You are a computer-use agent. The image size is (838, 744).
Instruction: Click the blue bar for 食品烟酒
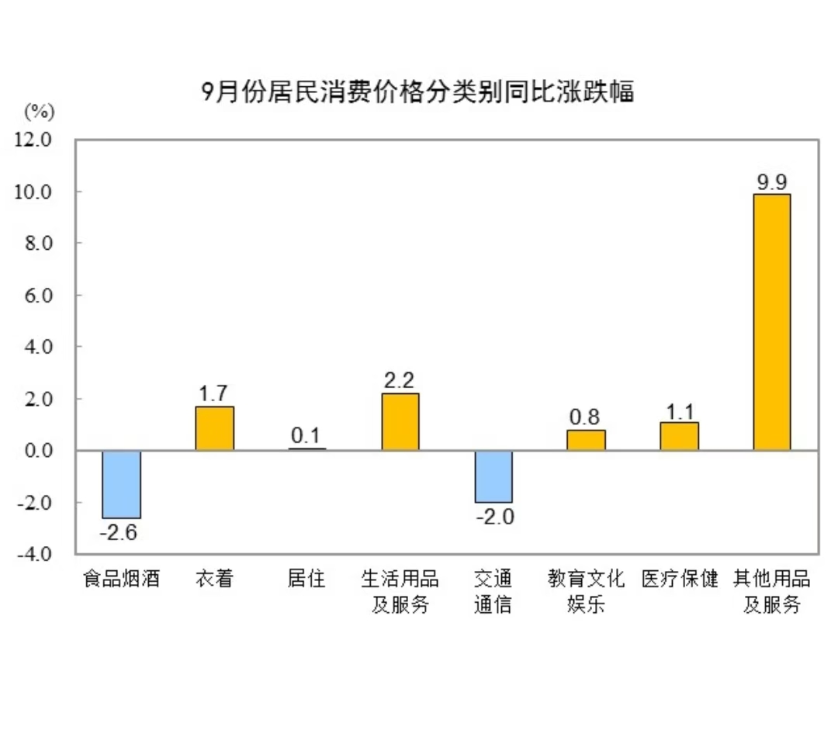[122, 484]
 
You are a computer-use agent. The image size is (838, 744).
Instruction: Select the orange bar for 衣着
[214, 428]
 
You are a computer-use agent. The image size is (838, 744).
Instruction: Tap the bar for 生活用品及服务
[400, 421]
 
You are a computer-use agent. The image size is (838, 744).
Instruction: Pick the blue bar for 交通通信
[493, 476]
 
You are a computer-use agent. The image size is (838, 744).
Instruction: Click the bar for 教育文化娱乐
[586, 440]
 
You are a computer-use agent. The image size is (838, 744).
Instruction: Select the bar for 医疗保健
[679, 436]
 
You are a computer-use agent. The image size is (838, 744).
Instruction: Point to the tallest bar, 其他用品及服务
[772, 322]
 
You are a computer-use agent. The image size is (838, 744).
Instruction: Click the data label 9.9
[772, 182]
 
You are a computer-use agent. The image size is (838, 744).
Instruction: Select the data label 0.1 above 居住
[307, 436]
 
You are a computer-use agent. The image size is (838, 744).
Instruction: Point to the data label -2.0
[493, 517]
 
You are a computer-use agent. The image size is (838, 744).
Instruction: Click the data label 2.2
[400, 380]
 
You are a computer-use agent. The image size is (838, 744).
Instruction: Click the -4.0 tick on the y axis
[33, 554]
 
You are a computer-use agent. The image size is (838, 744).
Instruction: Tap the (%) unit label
[40, 112]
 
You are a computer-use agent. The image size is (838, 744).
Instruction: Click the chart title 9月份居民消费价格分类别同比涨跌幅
[417, 92]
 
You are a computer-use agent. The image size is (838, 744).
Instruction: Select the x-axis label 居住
[306, 579]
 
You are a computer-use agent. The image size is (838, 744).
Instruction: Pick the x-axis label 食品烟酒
[122, 579]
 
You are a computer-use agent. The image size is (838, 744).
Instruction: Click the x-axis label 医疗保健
[680, 579]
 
